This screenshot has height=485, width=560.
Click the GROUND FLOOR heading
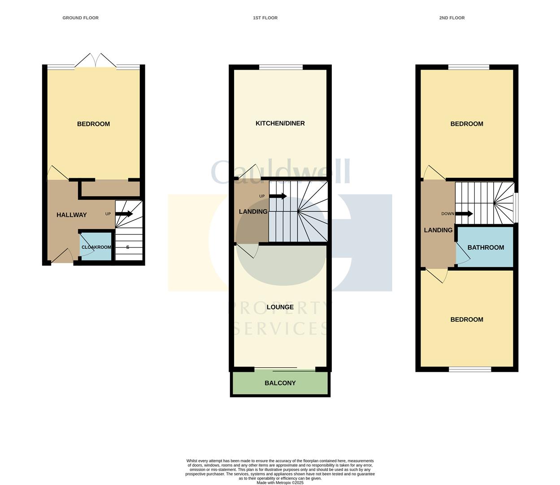pos(80,18)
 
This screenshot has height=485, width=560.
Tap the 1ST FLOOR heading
pos(265,18)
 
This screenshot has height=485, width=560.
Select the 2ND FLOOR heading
pos(452,18)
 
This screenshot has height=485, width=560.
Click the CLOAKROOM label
pos(96,247)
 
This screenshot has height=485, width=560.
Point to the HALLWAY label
pos(72,215)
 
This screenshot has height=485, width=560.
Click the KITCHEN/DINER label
pos(280,123)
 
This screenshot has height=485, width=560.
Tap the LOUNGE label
pos(280,307)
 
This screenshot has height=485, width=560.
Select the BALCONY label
pos(280,383)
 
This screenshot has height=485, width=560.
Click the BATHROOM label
pos(486,247)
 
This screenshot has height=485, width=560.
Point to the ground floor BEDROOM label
pos(93,124)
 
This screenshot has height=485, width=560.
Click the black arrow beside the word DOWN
pos(464,214)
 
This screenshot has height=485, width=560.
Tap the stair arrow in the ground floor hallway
pos(124,214)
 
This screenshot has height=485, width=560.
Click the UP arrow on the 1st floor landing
pos(278,196)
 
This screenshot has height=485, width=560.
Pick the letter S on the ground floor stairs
pos(128,247)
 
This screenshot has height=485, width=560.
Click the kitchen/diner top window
pos(281,67)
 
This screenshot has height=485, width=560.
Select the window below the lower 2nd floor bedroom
pos(470,369)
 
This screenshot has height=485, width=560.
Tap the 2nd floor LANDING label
pos(438,230)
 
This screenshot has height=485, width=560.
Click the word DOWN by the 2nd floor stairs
pos(448,214)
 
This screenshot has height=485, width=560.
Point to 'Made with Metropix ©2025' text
pos(280,483)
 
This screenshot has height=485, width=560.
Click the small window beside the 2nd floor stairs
pos(516,207)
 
